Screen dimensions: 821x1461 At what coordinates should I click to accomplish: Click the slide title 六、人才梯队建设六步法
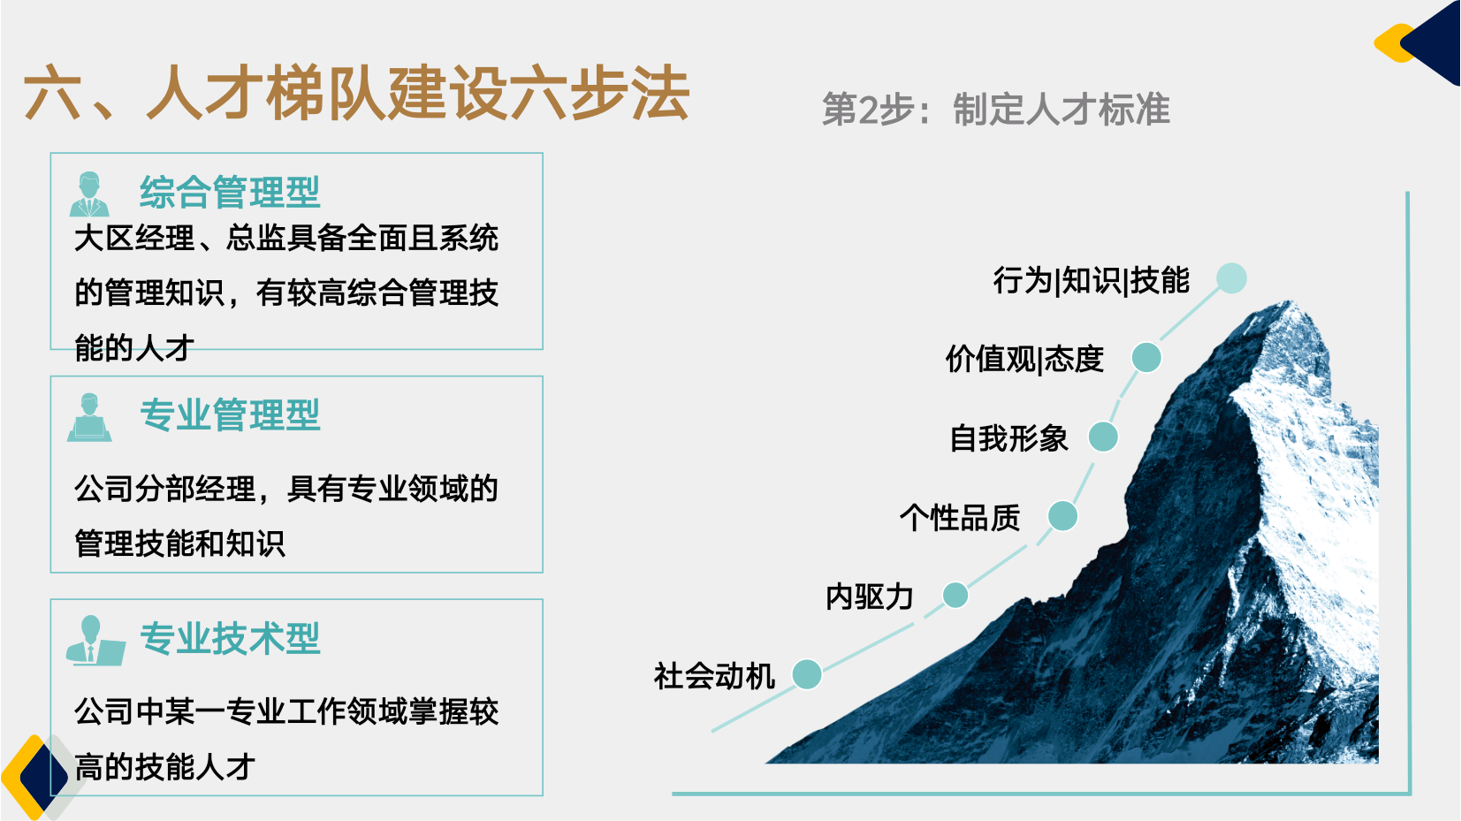pos(356,93)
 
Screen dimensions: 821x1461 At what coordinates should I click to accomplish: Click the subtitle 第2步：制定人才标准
pos(995,110)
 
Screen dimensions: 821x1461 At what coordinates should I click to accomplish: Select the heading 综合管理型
pos(230,193)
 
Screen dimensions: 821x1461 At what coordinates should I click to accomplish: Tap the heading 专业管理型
pos(230,415)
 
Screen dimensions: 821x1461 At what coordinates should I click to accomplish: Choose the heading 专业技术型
pos(230,638)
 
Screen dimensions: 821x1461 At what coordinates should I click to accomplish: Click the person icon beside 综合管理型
pos(89,194)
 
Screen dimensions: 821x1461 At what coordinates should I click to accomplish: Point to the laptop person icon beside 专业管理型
pos(89,417)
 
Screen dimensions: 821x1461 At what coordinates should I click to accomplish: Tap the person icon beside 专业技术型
pos(95,641)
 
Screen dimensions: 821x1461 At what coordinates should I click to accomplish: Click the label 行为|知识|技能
pos(1091,280)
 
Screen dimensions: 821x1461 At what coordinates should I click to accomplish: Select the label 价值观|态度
pos(1024,359)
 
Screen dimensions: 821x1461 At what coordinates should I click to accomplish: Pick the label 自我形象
pos(1008,438)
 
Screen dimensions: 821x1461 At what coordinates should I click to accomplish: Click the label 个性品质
pos(960,518)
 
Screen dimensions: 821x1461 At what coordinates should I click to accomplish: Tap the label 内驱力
pos(869,597)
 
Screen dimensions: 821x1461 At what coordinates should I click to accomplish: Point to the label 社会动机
pos(714,676)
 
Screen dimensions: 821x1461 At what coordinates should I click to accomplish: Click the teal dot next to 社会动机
pos(807,674)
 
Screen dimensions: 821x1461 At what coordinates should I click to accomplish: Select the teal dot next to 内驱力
pos(955,595)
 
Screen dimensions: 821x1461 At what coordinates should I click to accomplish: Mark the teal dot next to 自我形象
pos(1103,437)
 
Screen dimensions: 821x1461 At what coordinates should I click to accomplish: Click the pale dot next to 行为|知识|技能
pos(1231,277)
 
